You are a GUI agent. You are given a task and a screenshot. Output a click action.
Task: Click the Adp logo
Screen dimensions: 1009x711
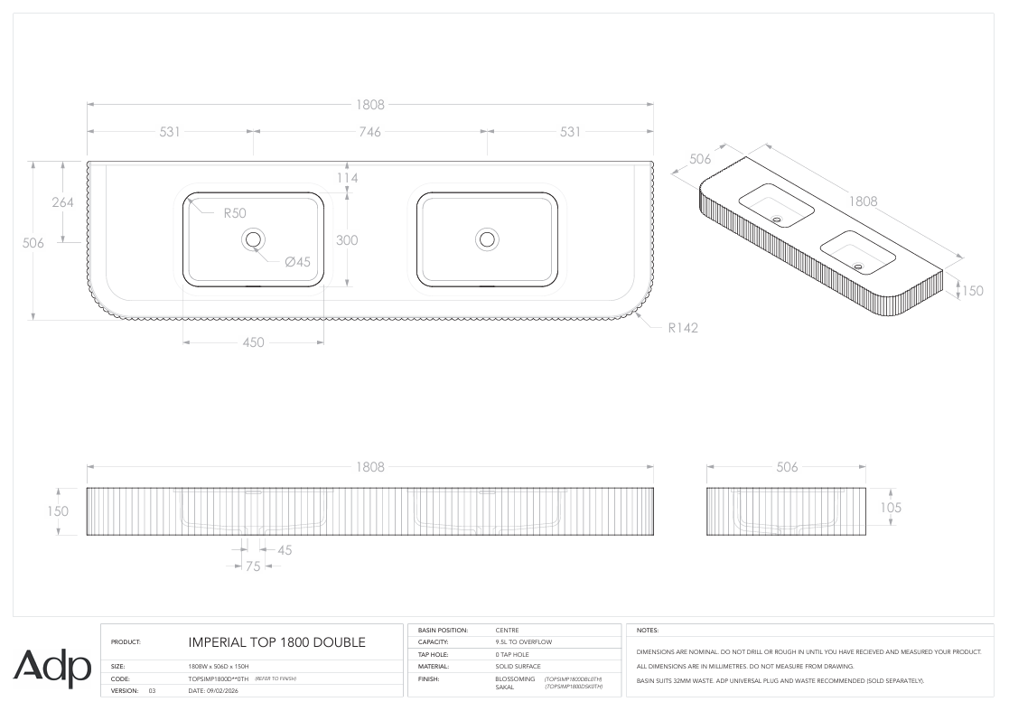click(52, 668)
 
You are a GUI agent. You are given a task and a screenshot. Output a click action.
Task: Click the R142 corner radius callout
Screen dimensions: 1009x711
click(683, 328)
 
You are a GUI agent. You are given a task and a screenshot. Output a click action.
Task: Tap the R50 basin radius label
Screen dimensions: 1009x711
click(235, 213)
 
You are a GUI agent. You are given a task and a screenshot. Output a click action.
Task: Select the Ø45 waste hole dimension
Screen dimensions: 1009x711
click(298, 262)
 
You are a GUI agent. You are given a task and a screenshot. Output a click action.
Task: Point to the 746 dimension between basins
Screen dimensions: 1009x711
click(370, 132)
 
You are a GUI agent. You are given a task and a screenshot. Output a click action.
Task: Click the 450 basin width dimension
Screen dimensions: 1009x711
click(254, 342)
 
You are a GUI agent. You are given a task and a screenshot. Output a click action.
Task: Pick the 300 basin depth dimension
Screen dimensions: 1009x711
click(347, 240)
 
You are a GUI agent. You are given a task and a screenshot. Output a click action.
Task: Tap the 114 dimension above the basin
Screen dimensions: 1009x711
click(347, 178)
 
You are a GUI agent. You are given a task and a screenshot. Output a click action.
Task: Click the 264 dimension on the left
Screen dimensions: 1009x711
click(62, 202)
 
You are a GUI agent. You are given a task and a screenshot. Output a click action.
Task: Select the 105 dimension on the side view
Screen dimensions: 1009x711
click(891, 508)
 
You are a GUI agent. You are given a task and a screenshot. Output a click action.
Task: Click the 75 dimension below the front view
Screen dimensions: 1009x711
click(253, 566)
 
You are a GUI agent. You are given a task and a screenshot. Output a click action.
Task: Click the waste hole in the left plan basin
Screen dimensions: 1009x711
click(253, 239)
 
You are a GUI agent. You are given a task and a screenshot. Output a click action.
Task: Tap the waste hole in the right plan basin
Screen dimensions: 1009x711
click(487, 239)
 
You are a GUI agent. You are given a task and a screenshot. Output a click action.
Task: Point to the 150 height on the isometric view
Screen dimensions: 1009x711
click(972, 291)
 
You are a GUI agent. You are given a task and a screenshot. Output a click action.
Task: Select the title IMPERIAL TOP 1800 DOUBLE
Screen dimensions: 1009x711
click(276, 642)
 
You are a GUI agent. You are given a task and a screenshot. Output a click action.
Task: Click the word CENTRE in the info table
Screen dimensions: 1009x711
click(507, 631)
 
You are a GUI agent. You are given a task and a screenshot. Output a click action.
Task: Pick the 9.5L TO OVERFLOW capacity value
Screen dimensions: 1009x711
click(524, 642)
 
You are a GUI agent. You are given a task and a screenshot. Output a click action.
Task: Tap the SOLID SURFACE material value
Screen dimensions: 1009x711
click(518, 667)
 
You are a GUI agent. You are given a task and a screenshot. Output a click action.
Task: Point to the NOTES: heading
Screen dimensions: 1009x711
click(648, 631)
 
